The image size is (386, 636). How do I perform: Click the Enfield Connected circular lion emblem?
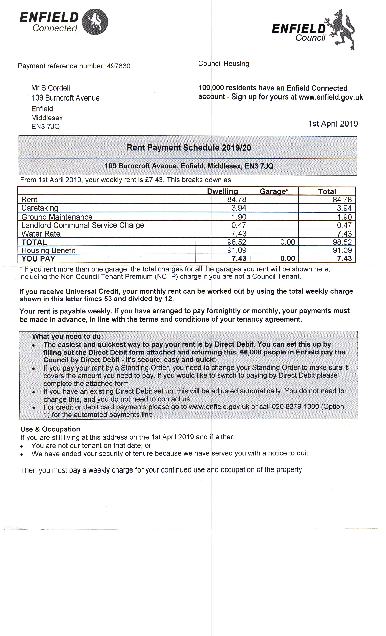(x=95, y=22)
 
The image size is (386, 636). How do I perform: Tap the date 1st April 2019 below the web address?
(x=333, y=124)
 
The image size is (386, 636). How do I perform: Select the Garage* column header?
(x=274, y=191)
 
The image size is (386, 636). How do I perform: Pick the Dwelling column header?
(x=222, y=191)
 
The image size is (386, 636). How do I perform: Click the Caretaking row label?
(x=40, y=208)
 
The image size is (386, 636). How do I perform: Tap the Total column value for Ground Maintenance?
(x=344, y=217)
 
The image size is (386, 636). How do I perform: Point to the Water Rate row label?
(x=41, y=234)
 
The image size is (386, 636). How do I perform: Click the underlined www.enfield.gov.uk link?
(x=219, y=407)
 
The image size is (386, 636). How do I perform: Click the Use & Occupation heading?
(x=50, y=429)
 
